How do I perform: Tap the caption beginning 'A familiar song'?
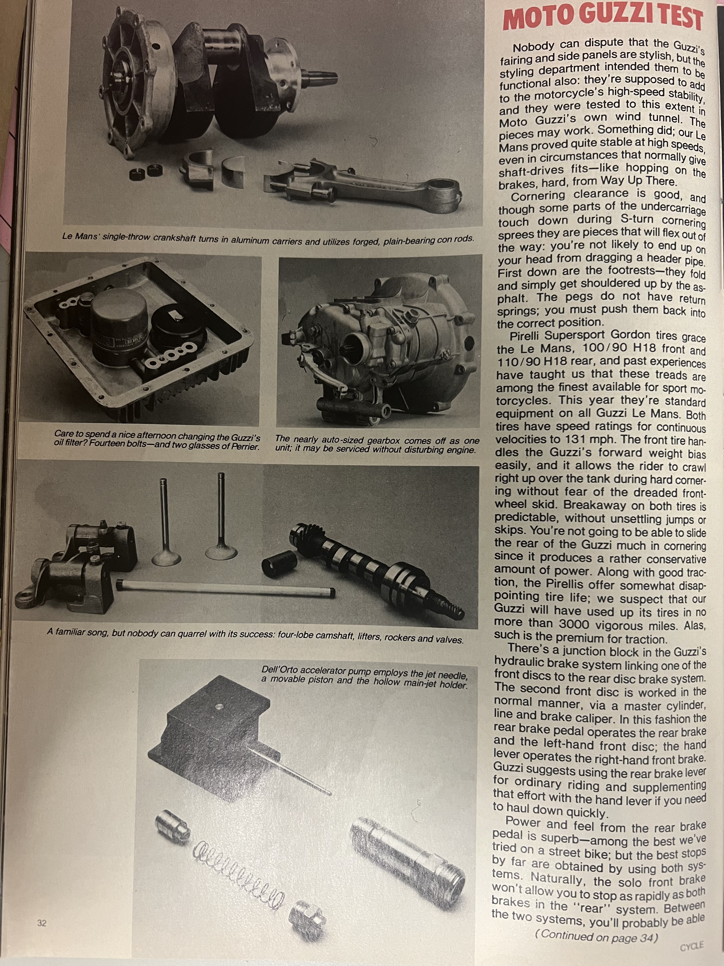pyautogui.click(x=255, y=635)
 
